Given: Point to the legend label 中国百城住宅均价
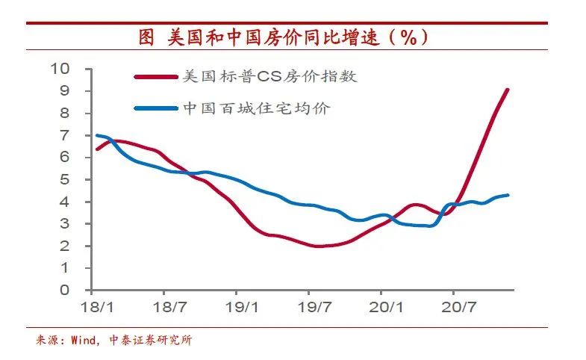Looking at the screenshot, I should (256, 108).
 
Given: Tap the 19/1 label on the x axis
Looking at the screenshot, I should (241, 307).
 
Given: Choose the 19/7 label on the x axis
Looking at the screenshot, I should (314, 307).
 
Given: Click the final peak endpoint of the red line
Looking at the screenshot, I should (508, 90).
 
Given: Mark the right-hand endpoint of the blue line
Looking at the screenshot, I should (508, 195).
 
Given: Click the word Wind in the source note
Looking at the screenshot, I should (84, 341).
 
